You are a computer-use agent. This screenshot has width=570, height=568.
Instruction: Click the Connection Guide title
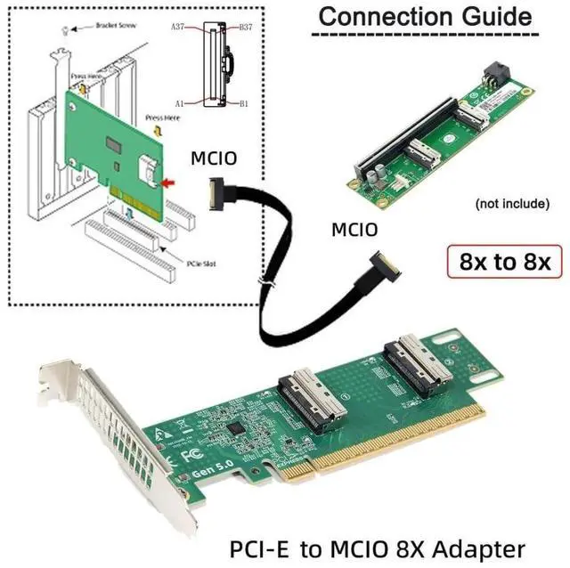[x=426, y=16]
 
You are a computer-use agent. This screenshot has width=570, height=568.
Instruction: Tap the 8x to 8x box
[x=506, y=263]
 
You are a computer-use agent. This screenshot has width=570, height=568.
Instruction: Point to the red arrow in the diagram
[x=167, y=183]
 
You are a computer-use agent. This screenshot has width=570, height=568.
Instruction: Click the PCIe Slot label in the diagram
[x=182, y=264]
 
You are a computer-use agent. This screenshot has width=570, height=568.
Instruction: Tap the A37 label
[x=180, y=28]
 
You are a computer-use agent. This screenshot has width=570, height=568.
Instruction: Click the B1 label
[x=244, y=103]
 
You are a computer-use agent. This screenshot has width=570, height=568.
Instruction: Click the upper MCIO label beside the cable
[x=215, y=158]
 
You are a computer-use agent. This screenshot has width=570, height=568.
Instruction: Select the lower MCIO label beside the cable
[x=354, y=230]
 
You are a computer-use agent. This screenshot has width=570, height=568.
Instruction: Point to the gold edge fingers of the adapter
[x=383, y=445]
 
